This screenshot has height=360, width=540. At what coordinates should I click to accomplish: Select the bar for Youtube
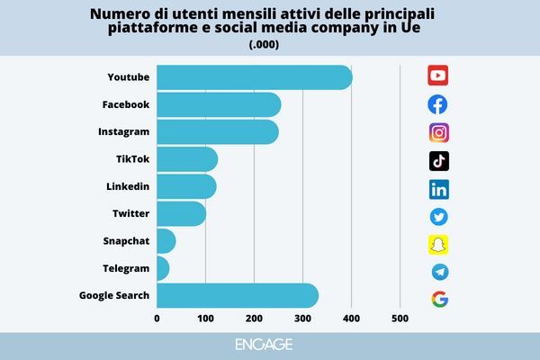click(x=254, y=77)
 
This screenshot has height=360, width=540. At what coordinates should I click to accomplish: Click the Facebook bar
click(x=219, y=105)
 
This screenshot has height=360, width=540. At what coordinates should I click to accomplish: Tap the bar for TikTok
click(x=187, y=159)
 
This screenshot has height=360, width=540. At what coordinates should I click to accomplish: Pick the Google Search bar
click(x=237, y=295)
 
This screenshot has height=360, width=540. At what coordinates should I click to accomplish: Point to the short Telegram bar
click(x=163, y=268)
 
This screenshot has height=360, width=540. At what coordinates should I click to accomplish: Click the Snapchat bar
click(x=166, y=241)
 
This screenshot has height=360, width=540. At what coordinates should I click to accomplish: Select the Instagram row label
click(x=123, y=132)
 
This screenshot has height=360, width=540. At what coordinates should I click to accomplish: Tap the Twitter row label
click(x=130, y=213)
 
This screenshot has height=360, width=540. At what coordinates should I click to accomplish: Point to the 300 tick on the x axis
click(x=303, y=318)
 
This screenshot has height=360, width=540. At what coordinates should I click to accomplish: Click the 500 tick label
click(x=400, y=318)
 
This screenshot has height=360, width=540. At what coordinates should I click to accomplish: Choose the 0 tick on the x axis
click(x=157, y=318)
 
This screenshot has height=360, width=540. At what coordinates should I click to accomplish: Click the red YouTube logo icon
click(x=438, y=75)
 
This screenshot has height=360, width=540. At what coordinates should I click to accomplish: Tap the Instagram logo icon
click(x=439, y=132)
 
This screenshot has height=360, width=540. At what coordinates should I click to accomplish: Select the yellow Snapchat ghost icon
click(x=438, y=244)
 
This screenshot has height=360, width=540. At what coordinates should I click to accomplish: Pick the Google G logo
click(x=439, y=299)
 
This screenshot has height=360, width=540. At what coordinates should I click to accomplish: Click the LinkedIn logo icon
click(x=439, y=189)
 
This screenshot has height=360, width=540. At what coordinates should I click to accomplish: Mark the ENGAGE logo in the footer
click(x=269, y=345)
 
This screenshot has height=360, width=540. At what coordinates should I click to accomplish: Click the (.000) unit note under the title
click(x=269, y=44)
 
